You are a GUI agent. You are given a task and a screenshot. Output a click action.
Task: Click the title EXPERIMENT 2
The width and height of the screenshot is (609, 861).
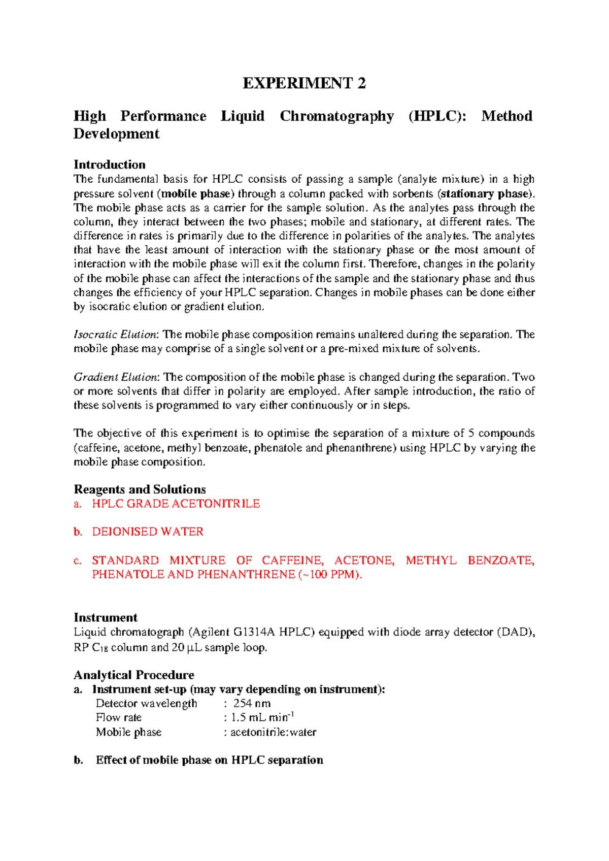pos(304,83)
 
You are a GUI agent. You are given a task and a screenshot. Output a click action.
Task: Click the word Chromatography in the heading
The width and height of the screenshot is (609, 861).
pos(336,116)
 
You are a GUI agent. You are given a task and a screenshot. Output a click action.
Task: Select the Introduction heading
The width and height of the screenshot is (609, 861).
pos(110,164)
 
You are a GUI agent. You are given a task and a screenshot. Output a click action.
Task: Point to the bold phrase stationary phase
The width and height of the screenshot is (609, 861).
pos(486,193)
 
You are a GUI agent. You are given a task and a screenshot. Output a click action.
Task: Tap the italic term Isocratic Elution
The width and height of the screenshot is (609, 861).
pos(116,335)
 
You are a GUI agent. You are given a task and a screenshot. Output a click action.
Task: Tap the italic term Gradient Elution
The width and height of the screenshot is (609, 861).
pos(116,377)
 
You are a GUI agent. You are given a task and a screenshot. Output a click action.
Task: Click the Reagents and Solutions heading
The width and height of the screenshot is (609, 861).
pos(140,489)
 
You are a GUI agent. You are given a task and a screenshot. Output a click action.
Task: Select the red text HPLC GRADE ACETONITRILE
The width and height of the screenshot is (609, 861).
pos(176,504)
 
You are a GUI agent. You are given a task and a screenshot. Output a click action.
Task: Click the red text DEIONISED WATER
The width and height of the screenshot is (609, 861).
pos(147,532)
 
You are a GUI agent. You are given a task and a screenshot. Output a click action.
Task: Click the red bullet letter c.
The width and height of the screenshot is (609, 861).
pos(78,560)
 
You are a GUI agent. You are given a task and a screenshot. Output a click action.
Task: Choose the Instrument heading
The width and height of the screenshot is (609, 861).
pos(106,618)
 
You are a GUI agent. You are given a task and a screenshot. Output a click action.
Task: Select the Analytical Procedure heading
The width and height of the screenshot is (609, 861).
pos(134,675)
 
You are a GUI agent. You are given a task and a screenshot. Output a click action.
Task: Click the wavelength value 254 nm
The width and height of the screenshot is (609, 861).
pos(252,704)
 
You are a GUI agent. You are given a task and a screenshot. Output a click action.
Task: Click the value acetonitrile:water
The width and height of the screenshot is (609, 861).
pos(273,732)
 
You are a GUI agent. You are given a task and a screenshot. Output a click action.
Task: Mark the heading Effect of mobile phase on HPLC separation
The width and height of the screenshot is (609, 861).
pos(209,760)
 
